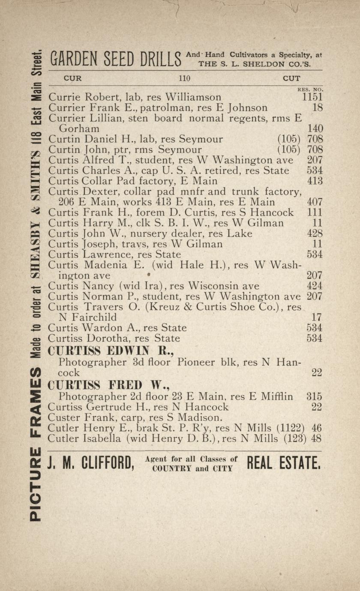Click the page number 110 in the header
click(184, 78)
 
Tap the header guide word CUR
click(72, 78)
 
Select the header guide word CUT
click(291, 78)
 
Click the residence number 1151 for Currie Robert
click(312, 97)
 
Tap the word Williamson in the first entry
click(193, 97)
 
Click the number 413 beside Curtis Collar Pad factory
click(315, 181)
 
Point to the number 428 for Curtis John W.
click(315, 233)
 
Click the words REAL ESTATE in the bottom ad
click(283, 463)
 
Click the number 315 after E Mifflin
click(314, 397)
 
